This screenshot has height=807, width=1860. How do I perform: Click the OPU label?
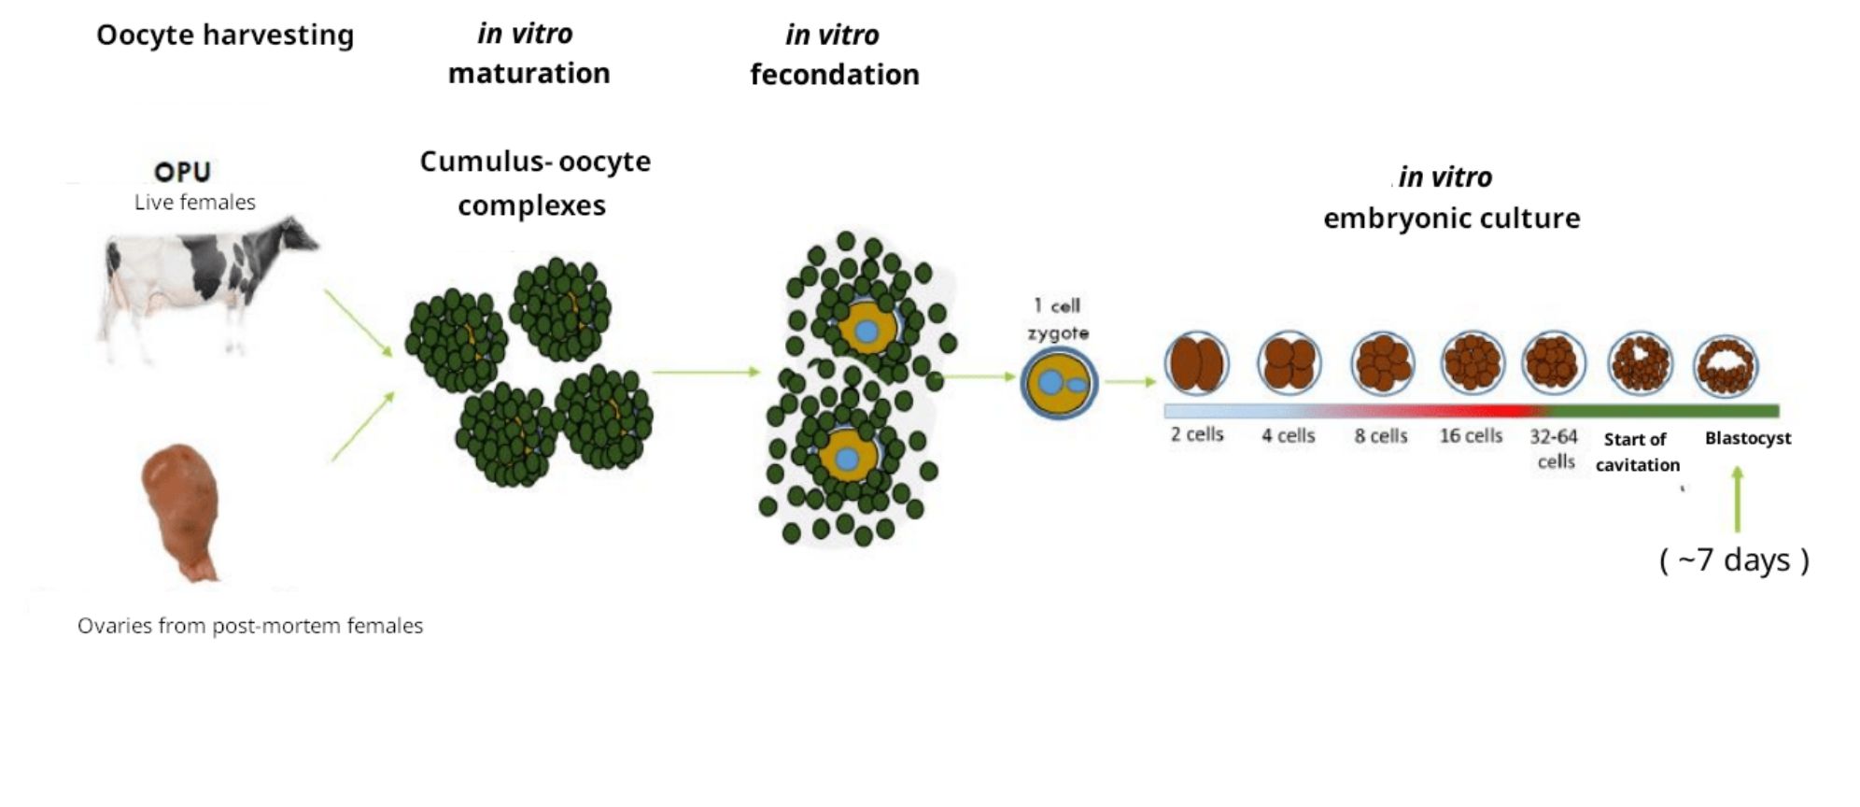[x=182, y=172]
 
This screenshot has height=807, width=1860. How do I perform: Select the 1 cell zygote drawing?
[x=1058, y=382]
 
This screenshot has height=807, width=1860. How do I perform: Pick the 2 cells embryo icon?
[x=1196, y=363]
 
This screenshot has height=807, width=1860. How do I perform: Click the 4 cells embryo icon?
[x=1289, y=363]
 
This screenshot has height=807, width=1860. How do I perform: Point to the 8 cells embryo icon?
[x=1382, y=363]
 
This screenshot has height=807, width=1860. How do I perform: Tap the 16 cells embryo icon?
[x=1472, y=363]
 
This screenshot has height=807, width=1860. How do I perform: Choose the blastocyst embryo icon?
[x=1726, y=365]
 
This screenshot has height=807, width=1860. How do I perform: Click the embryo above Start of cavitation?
[x=1640, y=363]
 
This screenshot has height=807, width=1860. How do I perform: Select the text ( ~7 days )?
[x=1734, y=559]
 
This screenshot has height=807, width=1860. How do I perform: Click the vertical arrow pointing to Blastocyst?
[x=1737, y=500]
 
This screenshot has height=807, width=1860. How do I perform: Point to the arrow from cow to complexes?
[x=359, y=323]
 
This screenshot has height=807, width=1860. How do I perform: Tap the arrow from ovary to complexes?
[x=363, y=426]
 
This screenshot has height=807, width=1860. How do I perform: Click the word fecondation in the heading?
[x=834, y=75]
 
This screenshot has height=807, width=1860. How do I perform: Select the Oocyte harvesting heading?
[x=225, y=35]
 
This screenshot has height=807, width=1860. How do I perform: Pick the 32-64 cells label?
[x=1555, y=448]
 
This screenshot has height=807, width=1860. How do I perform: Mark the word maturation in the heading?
[x=528, y=74]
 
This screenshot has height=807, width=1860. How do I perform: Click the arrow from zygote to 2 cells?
[x=1131, y=381]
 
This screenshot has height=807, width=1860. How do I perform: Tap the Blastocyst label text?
[x=1747, y=438]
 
